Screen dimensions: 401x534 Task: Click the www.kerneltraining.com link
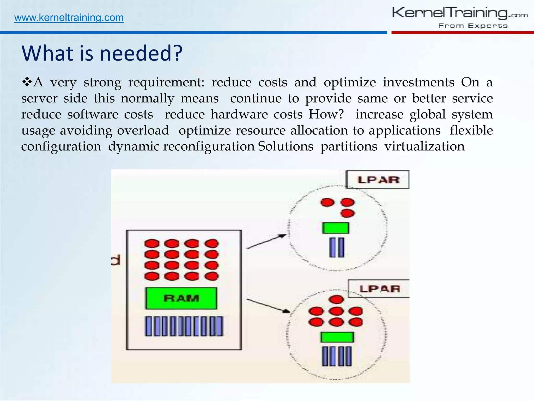point(69,18)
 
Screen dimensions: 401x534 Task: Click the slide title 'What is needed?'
point(102,53)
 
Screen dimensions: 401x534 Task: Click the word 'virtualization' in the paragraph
point(424,146)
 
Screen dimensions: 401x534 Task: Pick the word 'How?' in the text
point(326,114)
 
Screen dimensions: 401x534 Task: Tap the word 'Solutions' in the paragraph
point(286,146)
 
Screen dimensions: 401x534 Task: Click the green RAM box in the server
point(181,298)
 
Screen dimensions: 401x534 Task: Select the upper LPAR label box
point(378,180)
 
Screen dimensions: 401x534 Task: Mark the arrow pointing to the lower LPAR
point(268,305)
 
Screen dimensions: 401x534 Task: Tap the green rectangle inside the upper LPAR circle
point(335,228)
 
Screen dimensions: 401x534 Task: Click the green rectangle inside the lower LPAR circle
point(337,337)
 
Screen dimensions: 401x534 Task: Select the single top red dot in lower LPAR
point(337,299)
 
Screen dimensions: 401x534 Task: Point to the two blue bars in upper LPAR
point(337,247)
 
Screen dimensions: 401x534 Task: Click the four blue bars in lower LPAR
point(337,356)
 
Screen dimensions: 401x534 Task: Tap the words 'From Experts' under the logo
point(473,26)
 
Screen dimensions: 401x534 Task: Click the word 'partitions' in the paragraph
point(349,146)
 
